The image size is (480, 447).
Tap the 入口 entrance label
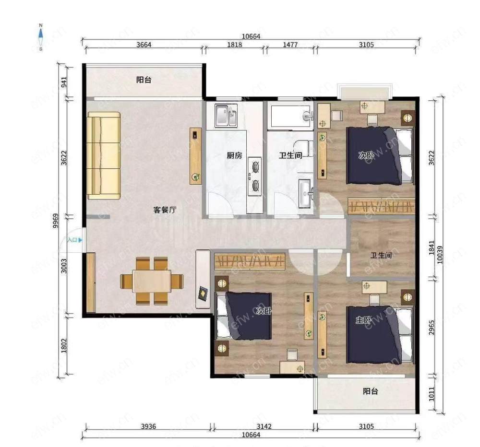72,240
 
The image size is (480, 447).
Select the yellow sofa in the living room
104,155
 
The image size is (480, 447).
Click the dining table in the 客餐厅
152,281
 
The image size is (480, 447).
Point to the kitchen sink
226,116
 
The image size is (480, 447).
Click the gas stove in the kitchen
255,176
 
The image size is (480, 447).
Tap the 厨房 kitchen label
235,155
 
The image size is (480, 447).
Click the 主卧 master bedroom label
363,320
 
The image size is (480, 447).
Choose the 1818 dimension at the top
235,45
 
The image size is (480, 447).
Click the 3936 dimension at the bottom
148,426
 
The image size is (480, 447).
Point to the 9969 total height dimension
55,221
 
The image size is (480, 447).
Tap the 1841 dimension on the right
432,248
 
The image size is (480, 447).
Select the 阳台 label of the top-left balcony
144,80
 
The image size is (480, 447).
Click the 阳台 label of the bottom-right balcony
371,391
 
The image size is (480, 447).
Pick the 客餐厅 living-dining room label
165,210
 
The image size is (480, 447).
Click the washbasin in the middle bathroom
305,193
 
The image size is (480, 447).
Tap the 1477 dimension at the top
290,45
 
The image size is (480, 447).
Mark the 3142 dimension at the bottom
264,426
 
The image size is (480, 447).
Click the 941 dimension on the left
64,82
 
